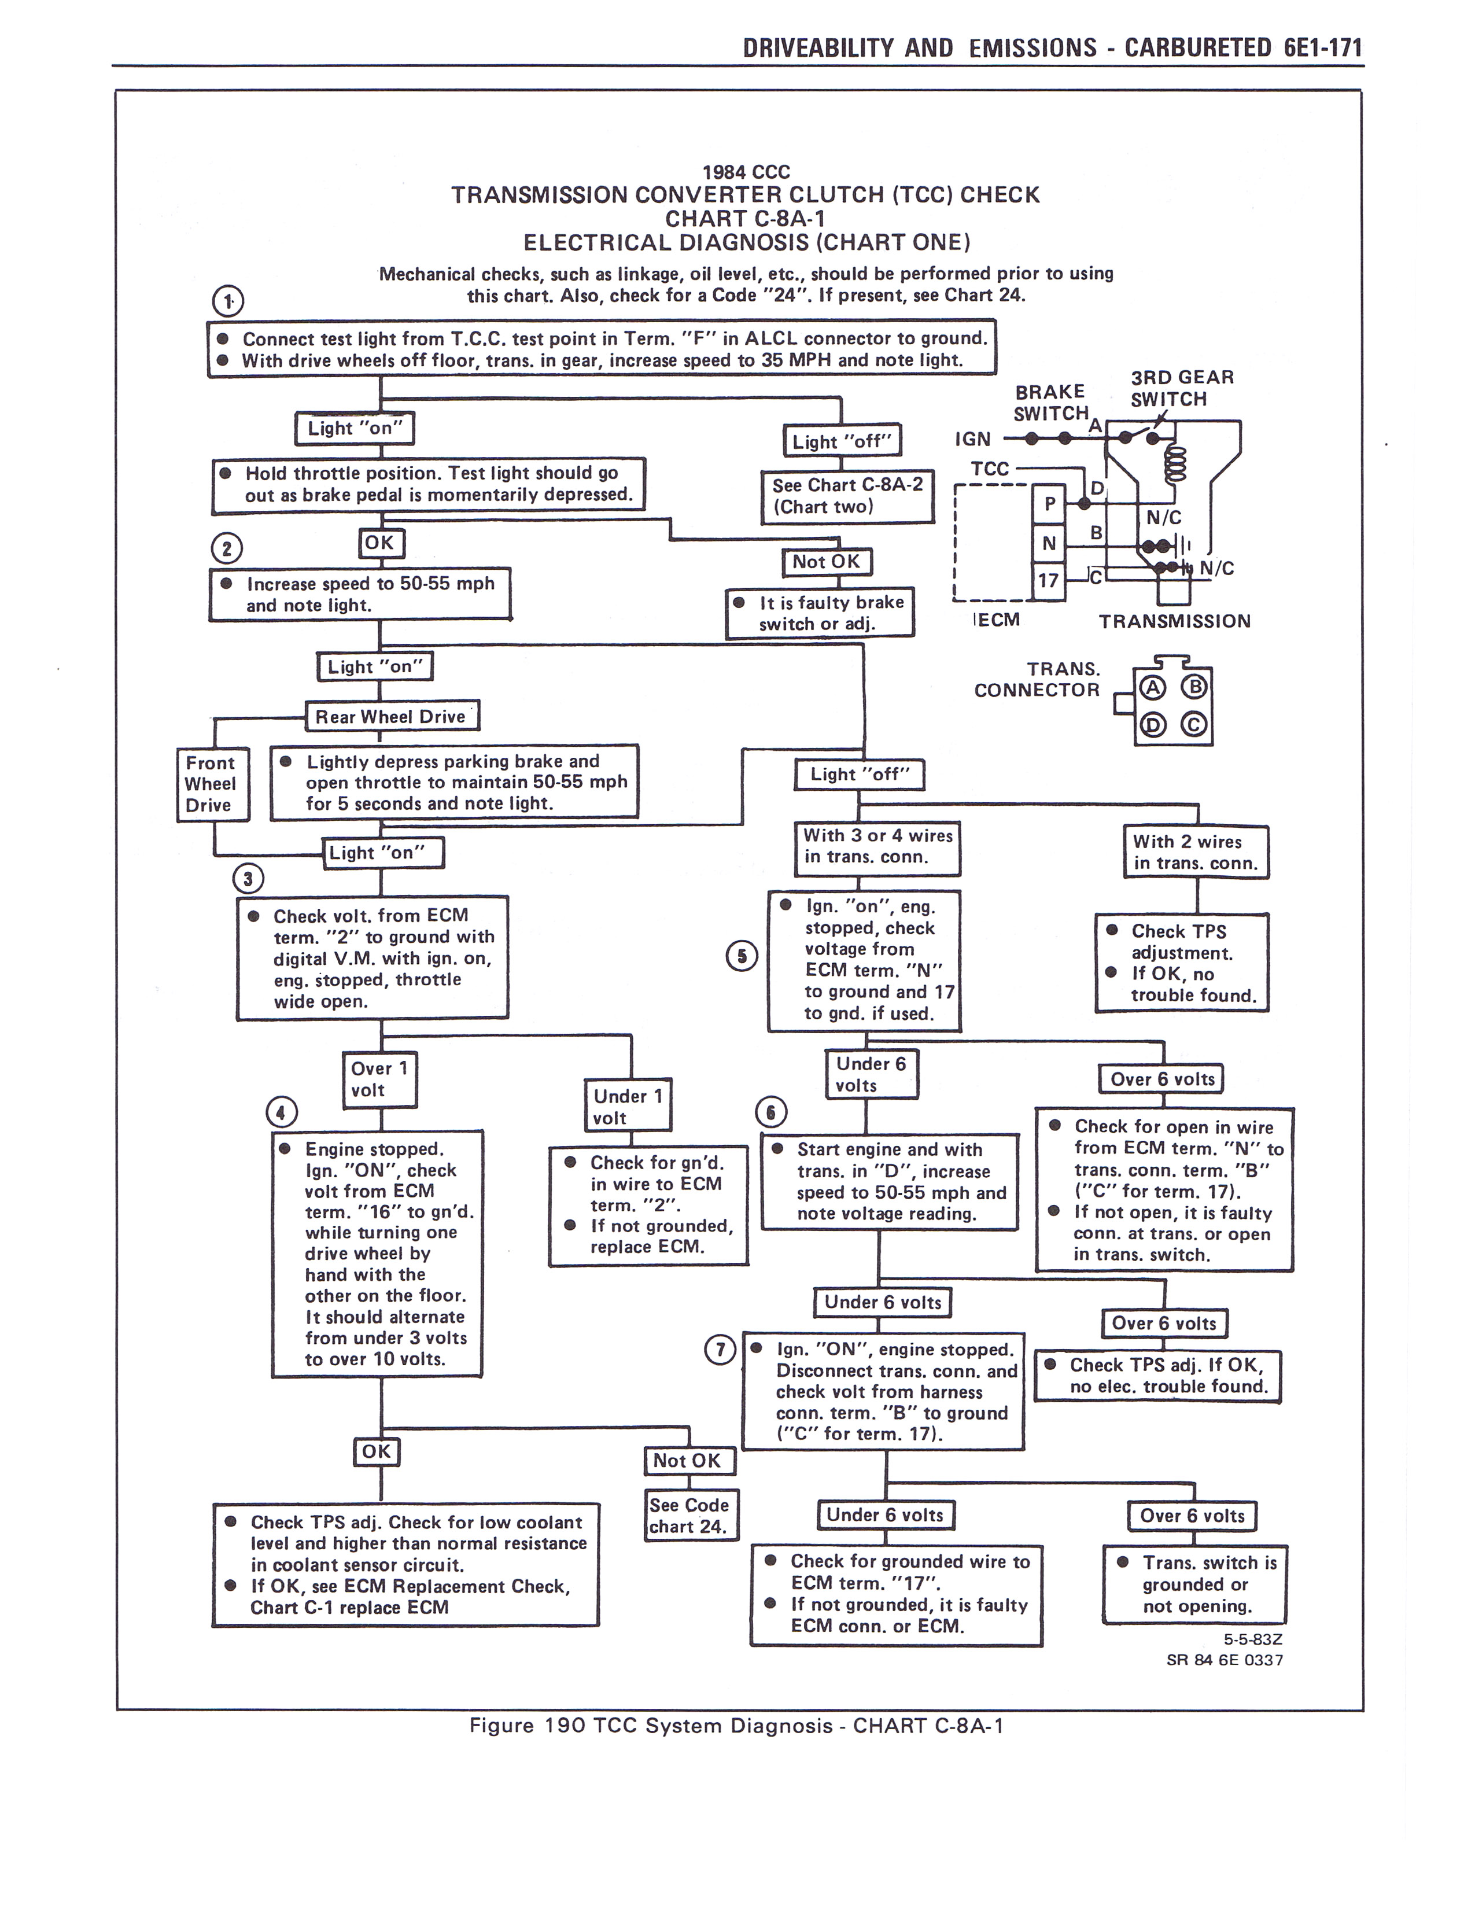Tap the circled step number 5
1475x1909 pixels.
pos(742,956)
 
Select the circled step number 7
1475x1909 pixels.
pos(720,1350)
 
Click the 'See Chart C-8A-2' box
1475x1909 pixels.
pos(847,496)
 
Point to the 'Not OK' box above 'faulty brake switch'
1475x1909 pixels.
pos(826,562)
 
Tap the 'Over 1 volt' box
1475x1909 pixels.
pos(378,1079)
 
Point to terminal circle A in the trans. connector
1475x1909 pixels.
pos(1153,688)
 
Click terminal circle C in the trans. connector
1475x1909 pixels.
pos(1194,725)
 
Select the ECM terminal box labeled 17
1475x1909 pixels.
pos(1049,580)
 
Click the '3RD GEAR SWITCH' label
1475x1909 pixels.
pos(1181,388)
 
